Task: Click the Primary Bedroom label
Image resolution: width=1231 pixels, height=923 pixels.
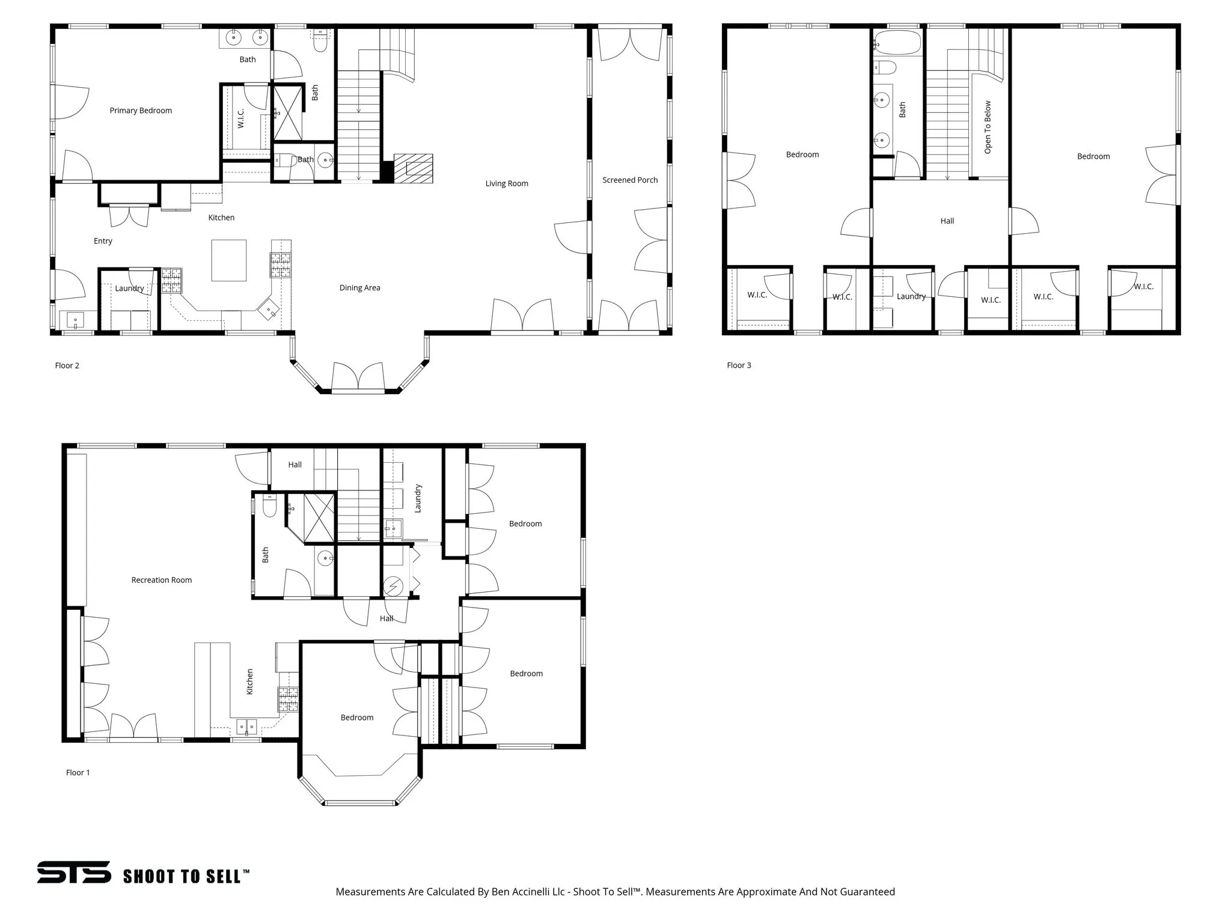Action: tap(141, 111)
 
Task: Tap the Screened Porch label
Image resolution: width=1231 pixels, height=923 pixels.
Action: tap(630, 180)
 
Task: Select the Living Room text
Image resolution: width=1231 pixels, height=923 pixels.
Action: tap(507, 184)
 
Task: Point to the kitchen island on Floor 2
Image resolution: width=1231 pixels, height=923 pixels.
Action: tap(229, 260)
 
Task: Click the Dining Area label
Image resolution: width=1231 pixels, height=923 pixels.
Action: tap(359, 288)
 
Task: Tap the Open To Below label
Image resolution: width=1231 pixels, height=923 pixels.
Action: tap(988, 127)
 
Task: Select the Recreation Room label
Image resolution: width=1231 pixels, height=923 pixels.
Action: tap(162, 580)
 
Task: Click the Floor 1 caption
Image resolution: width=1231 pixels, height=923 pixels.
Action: tap(78, 773)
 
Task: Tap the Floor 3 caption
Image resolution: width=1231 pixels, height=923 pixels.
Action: tap(739, 365)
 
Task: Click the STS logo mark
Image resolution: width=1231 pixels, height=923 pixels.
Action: tap(74, 872)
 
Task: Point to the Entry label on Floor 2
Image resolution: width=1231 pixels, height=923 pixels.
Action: tap(103, 241)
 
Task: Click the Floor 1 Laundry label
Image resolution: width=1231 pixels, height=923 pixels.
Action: tap(418, 498)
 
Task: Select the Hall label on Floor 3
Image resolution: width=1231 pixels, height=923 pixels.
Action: tap(947, 221)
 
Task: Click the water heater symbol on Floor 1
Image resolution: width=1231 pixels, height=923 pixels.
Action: tap(394, 586)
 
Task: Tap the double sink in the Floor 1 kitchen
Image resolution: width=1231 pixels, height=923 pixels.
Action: tap(246, 728)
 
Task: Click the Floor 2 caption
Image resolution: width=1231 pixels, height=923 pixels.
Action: tap(67, 365)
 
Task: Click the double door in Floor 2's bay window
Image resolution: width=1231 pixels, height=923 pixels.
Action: tap(358, 377)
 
